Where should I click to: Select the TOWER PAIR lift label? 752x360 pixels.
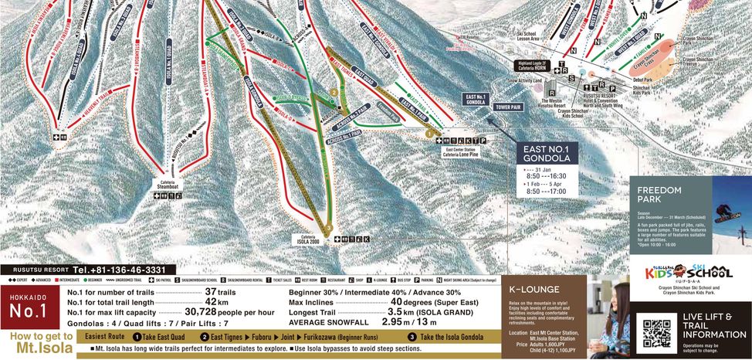point(509,106)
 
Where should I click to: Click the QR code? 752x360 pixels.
point(655,331)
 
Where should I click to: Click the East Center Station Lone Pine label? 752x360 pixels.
point(462,154)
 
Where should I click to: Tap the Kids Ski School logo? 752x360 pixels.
point(689,272)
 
